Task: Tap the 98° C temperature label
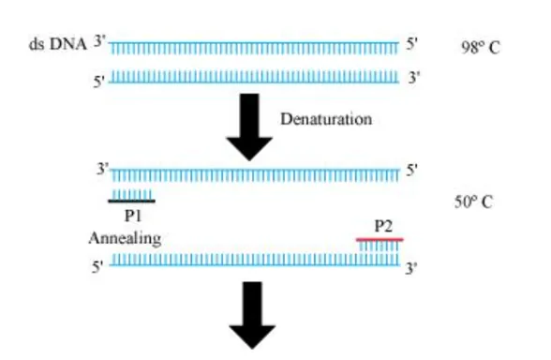[x=481, y=47]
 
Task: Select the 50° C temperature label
[x=473, y=202]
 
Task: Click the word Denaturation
[x=325, y=120]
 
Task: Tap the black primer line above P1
[x=131, y=201]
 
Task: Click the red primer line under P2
[x=380, y=239]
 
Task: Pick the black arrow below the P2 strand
[x=250, y=323]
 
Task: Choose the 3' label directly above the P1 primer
[x=103, y=169]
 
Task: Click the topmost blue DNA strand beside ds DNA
[x=253, y=46]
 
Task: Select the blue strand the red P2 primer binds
[x=253, y=260]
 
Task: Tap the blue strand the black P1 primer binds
[x=253, y=174]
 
